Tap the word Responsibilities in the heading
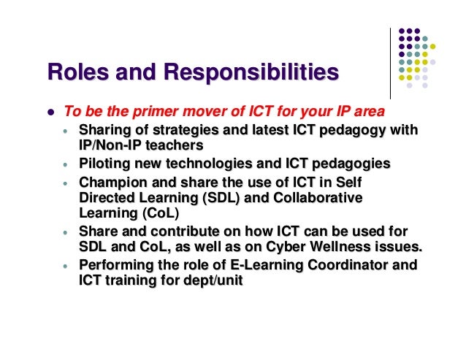click(252, 74)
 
